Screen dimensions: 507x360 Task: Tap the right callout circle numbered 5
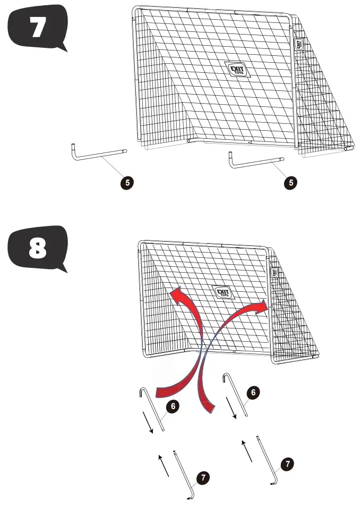[289, 182]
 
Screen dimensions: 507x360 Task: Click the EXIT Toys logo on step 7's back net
[232, 70]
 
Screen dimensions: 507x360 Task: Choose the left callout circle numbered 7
[203, 477]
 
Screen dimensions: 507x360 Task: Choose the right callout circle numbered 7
[287, 464]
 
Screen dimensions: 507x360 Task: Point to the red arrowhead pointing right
[261, 308]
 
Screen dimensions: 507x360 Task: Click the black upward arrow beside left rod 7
[165, 465]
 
